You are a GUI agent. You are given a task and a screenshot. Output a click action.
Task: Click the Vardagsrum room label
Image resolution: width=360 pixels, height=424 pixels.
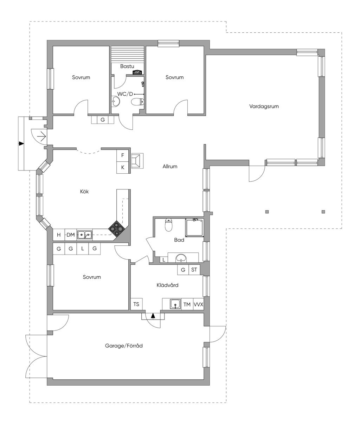click(x=264, y=107)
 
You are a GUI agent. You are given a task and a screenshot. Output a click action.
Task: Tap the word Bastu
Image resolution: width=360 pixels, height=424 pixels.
click(x=127, y=66)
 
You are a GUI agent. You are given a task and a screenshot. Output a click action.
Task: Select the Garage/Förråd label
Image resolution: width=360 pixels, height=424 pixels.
click(x=124, y=346)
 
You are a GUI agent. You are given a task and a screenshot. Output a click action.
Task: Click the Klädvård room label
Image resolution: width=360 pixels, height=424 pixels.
click(x=167, y=285)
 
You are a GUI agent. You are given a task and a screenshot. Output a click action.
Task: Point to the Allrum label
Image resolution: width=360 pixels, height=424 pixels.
click(x=170, y=166)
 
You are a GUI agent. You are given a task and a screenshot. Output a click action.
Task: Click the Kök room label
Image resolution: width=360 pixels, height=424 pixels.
click(x=84, y=191)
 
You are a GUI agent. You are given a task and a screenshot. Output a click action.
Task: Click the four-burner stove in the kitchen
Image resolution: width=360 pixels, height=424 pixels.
click(x=116, y=229)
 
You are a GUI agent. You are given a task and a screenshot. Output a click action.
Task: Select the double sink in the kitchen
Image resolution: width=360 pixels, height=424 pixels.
click(x=85, y=235)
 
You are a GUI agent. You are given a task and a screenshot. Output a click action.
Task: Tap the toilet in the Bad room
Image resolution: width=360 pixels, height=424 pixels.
click(x=168, y=225)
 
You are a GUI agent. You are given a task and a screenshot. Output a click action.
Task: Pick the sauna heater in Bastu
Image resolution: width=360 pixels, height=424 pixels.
click(x=138, y=72)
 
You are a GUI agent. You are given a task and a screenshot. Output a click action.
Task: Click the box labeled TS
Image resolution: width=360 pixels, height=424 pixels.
click(x=136, y=304)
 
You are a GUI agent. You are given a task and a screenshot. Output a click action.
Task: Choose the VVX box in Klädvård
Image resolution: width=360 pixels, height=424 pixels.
click(x=198, y=304)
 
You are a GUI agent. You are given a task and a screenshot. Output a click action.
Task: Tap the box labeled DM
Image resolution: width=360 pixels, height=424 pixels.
click(x=71, y=235)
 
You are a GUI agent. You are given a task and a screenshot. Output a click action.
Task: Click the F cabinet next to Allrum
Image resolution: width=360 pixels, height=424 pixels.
click(x=123, y=155)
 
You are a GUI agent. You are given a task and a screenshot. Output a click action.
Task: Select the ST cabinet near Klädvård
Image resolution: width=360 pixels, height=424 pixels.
click(x=194, y=270)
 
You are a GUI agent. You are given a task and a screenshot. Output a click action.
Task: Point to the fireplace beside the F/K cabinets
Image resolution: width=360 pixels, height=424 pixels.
click(x=137, y=161)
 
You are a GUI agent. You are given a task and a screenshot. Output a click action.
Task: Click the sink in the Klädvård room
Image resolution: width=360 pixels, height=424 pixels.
click(x=175, y=304)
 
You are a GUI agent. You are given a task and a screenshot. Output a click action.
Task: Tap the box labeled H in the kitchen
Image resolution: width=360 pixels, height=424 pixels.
click(x=59, y=235)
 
